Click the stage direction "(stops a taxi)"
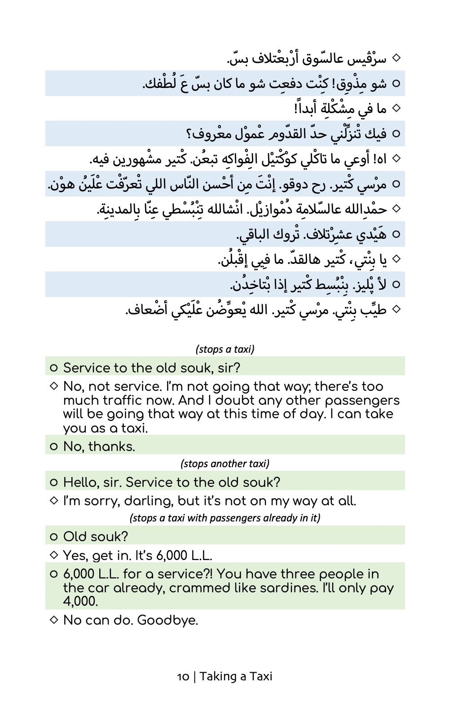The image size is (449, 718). click(x=225, y=349)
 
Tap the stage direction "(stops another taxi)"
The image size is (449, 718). click(x=225, y=464)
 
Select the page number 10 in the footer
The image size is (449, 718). click(x=183, y=676)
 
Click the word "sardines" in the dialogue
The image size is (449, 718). click(x=288, y=588)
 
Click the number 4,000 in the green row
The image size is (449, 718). click(x=80, y=601)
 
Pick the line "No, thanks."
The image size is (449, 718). click(x=99, y=447)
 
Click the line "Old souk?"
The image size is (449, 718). click(x=96, y=536)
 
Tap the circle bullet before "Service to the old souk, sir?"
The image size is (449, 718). click(x=54, y=368)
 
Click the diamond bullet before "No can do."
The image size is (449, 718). click(x=54, y=620)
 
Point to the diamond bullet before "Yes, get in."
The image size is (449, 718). click(x=54, y=555)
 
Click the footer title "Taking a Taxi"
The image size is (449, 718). click(x=236, y=676)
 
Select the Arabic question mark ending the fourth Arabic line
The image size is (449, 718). click(x=189, y=134)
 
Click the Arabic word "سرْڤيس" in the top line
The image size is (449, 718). click(x=365, y=58)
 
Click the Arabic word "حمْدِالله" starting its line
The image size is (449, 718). click(x=365, y=209)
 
